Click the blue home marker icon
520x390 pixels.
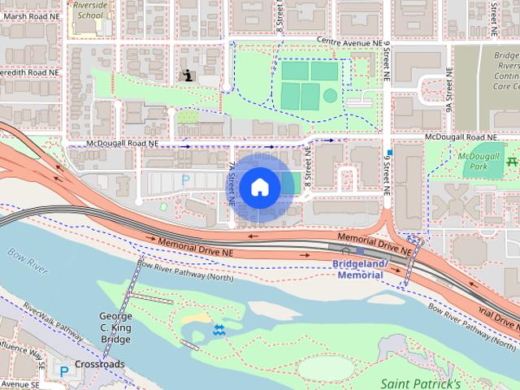(259, 188)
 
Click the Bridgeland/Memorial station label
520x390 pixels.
(357, 270)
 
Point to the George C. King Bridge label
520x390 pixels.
(115, 327)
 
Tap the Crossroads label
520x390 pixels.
(100, 364)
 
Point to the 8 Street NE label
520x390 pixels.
(279, 16)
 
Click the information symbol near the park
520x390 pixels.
(189, 76)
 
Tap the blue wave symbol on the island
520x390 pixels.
(219, 330)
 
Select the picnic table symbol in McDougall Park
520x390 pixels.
(512, 162)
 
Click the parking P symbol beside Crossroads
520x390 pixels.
(64, 370)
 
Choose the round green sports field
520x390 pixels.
(330, 95)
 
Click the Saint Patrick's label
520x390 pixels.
(421, 383)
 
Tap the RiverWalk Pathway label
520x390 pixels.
(53, 321)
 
